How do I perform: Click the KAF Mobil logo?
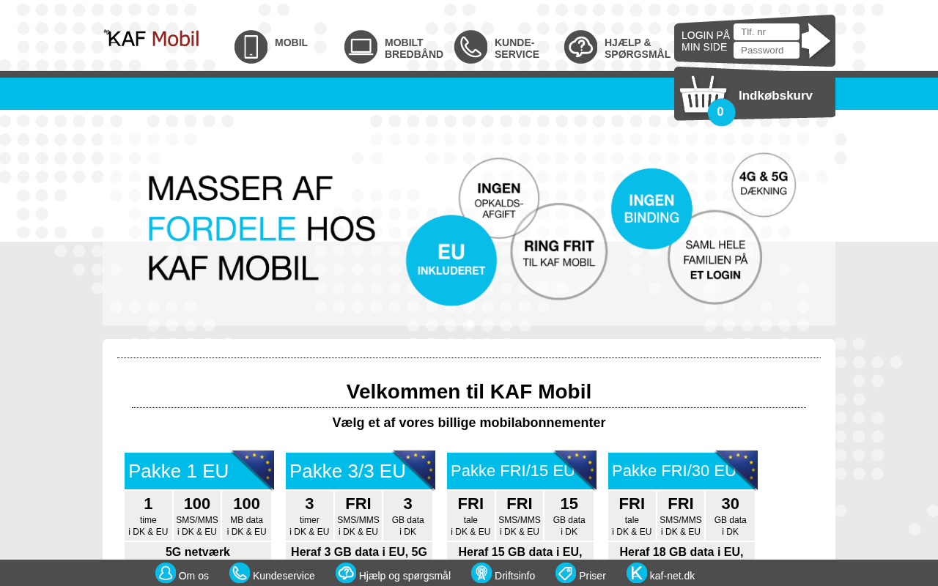click(x=152, y=39)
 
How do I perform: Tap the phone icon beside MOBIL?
click(x=251, y=46)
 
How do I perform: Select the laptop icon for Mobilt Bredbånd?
click(x=361, y=46)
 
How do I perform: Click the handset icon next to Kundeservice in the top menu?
click(x=470, y=46)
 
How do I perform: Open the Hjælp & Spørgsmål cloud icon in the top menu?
click(x=580, y=46)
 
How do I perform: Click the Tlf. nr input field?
click(x=767, y=31)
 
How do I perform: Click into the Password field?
click(x=767, y=51)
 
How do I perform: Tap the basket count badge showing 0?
click(x=720, y=112)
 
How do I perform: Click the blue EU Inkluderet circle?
click(x=451, y=260)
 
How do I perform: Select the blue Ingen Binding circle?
click(x=651, y=209)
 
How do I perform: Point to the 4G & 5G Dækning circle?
click(x=764, y=185)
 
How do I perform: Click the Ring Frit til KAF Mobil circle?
click(x=559, y=251)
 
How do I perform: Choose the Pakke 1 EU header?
click(x=199, y=470)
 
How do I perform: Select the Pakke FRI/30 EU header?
click(x=683, y=470)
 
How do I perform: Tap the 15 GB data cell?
click(x=569, y=516)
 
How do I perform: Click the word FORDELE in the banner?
click(x=222, y=229)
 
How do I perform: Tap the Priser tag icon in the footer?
click(x=565, y=573)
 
